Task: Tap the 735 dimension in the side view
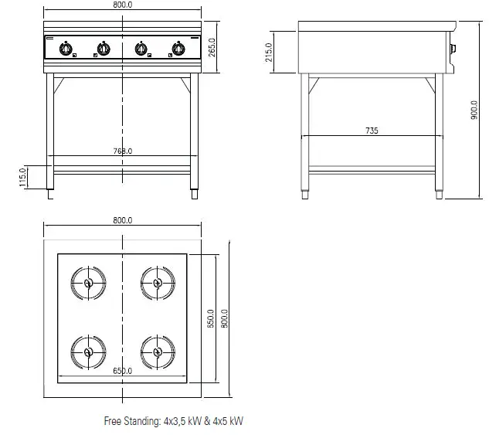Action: point(372,131)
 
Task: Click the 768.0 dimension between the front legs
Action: point(122,151)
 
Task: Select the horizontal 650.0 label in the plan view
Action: point(122,371)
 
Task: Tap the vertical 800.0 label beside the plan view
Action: point(225,318)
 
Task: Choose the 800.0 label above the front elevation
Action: point(122,5)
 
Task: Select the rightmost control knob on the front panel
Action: point(179,49)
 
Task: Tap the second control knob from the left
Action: point(102,49)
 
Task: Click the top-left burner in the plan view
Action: point(88,283)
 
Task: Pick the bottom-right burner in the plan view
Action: point(158,352)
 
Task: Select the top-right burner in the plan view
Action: point(158,283)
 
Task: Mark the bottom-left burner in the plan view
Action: point(88,352)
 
